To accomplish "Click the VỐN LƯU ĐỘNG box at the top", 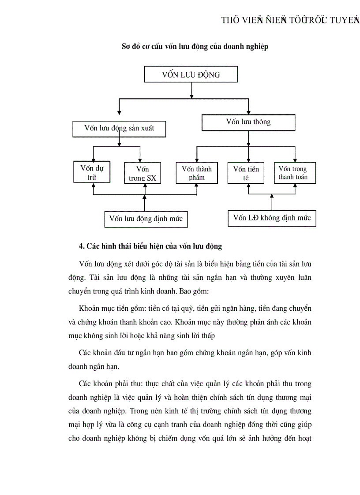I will point(191,74).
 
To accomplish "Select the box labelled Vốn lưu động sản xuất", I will point(119,129).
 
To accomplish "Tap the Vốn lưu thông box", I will point(248,122).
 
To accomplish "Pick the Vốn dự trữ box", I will point(92,172).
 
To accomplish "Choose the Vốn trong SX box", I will point(142,173).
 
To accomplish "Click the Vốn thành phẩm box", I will point(196,173).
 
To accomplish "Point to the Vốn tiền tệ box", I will point(246,173).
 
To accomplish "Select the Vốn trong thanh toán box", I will point(293,173).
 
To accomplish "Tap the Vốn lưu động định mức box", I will point(146,219).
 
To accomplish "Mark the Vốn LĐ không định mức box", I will point(272,218).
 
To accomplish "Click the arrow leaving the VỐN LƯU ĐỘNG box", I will point(191,90).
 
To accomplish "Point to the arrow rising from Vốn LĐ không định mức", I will point(272,202).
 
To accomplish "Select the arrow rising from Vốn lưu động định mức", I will point(145,203).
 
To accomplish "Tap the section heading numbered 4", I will point(150,246).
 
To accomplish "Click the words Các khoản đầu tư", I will point(105,353).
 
